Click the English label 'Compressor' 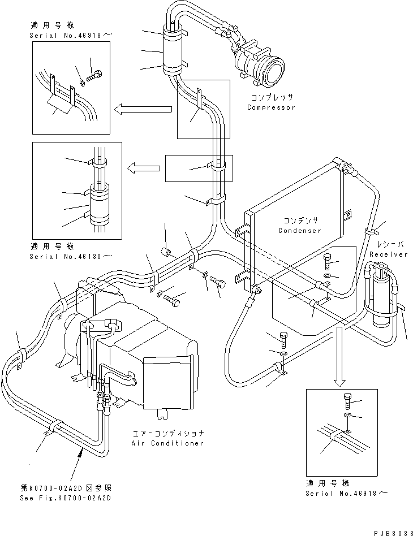point(271,107)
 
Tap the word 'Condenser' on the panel point(299,231)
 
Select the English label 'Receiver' point(388,254)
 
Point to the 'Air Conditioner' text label point(168,443)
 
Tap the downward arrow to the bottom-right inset point(338,356)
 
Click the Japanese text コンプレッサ point(271,97)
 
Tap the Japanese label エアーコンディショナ point(168,433)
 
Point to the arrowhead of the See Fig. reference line point(84,449)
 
